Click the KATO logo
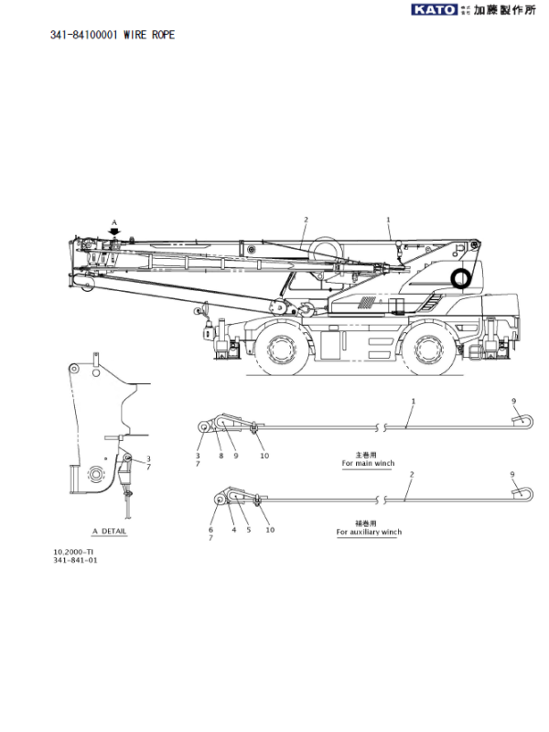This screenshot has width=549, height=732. (434, 10)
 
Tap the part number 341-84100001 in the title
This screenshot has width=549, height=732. (85, 35)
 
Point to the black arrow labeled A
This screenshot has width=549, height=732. (114, 232)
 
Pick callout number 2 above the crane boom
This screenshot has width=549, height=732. (306, 220)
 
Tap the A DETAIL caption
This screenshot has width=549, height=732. (110, 531)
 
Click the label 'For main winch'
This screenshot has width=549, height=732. (368, 464)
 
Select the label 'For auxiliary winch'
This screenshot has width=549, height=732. (369, 532)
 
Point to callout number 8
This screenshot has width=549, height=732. (221, 455)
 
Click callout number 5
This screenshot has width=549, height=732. (248, 530)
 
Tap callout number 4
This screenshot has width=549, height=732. (233, 530)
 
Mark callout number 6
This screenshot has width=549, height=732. (210, 530)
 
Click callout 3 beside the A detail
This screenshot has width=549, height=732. (149, 458)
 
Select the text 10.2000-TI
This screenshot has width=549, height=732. (73, 552)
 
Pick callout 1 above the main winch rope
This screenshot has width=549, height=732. (413, 401)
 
